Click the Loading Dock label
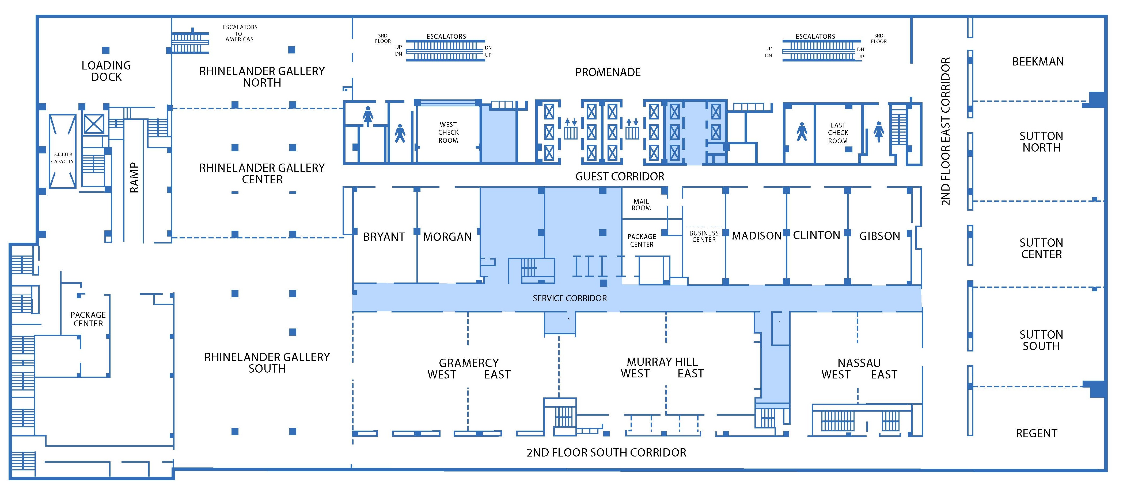(x=106, y=71)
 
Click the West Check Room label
(x=448, y=132)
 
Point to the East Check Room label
(x=838, y=133)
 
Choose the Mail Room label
(x=641, y=205)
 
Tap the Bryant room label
(x=384, y=237)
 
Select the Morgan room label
(x=447, y=237)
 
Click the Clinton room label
(x=816, y=235)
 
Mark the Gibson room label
(x=879, y=236)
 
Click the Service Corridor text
(x=569, y=298)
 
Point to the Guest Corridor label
(x=620, y=176)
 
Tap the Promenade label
(x=608, y=72)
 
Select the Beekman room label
(x=1038, y=62)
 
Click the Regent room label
(x=1036, y=433)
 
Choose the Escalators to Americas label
(x=240, y=33)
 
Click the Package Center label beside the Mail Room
(x=641, y=240)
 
